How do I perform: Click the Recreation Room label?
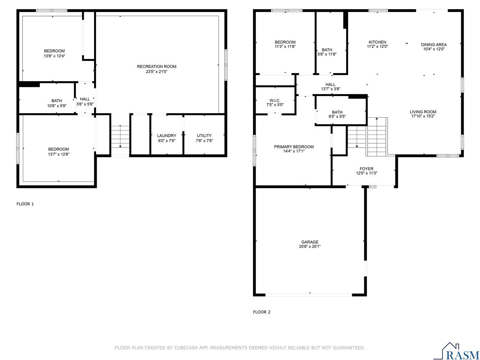tap(156, 67)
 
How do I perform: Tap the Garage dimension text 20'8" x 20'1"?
tap(310, 247)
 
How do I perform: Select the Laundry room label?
tap(166, 136)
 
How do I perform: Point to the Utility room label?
tap(204, 136)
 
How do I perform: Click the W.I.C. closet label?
tap(275, 100)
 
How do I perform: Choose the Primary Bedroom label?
tap(294, 147)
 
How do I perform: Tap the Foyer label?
tap(366, 169)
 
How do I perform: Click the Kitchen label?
tap(377, 42)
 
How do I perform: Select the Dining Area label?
tap(433, 45)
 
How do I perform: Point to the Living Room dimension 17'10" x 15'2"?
tap(423, 117)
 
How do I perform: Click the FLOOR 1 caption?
tap(25, 204)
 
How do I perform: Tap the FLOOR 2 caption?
tap(262, 312)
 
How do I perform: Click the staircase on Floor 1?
tap(120, 136)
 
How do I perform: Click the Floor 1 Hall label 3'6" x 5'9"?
tap(85, 102)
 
